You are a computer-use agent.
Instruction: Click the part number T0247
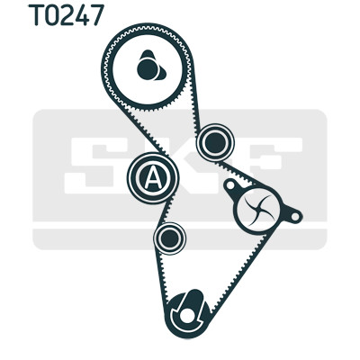[67, 15]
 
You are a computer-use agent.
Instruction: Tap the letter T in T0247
[36, 15]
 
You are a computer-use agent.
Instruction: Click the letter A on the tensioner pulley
[153, 178]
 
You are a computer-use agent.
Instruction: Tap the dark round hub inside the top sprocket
[148, 69]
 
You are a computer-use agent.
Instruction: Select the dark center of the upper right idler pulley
[215, 143]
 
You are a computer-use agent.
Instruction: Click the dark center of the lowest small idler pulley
[169, 238]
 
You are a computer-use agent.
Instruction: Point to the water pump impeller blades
[258, 209]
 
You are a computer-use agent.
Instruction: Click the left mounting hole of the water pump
[230, 185]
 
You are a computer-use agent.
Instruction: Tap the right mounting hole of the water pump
[295, 216]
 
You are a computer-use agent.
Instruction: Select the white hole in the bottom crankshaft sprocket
[186, 315]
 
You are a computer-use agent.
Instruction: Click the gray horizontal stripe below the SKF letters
[180, 239]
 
